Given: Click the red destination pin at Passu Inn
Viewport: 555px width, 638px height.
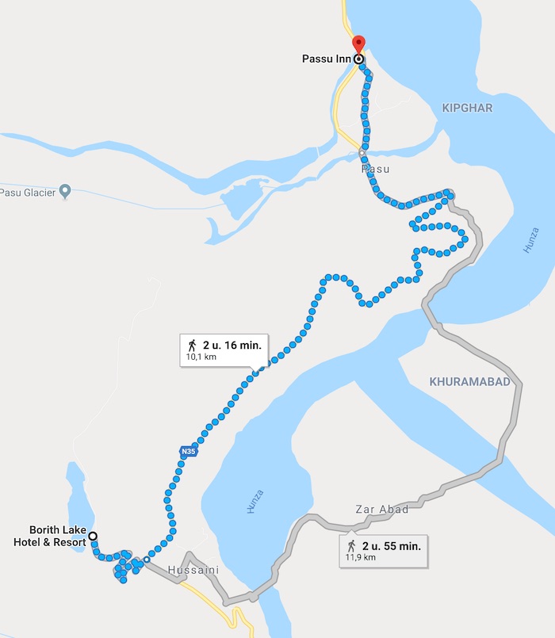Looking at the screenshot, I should (x=358, y=44).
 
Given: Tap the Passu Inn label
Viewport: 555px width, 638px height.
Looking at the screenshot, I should (x=325, y=59).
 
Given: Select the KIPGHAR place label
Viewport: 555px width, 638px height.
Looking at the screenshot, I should (x=468, y=107).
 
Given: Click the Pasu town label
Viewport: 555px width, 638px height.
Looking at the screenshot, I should (x=376, y=169).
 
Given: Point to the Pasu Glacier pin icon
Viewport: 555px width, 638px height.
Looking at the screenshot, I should (x=66, y=191).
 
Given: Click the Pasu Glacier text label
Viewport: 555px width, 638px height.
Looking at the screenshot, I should (x=28, y=192).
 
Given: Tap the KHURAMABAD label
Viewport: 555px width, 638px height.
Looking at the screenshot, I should (x=469, y=381).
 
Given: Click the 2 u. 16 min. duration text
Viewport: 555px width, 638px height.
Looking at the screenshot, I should (x=232, y=345).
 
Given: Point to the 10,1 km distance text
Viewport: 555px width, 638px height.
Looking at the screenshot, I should (x=201, y=357).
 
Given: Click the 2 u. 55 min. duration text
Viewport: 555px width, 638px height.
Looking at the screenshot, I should (x=391, y=546).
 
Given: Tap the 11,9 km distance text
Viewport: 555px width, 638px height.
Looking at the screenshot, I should (x=360, y=557).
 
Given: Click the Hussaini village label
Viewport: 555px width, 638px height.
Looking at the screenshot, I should (x=193, y=570).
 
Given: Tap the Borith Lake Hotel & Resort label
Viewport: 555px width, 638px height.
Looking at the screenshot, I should (x=55, y=536).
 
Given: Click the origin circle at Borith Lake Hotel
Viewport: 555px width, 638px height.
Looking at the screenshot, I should (x=93, y=536).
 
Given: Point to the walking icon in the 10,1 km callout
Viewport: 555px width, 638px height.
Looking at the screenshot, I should (x=192, y=345).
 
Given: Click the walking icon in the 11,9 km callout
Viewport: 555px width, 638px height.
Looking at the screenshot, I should (x=351, y=546).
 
